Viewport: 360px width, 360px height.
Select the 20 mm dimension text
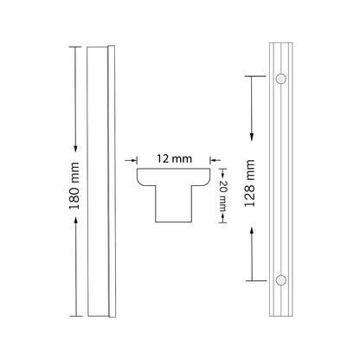click(223, 195)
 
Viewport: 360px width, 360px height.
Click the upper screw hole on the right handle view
click(280, 79)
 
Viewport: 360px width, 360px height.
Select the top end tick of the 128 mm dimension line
click(252, 77)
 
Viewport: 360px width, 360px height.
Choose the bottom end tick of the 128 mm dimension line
click(252, 280)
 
